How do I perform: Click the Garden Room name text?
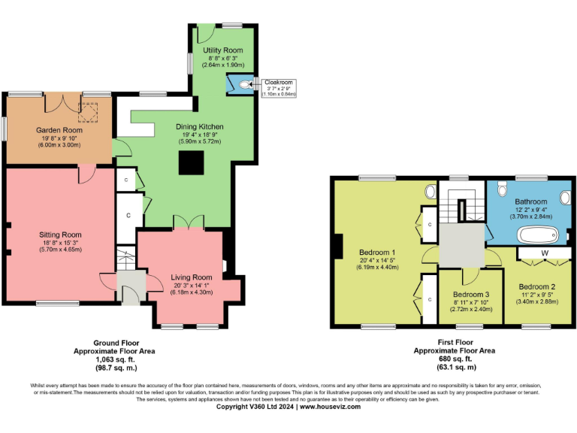click(x=59, y=130)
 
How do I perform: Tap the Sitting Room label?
click(x=59, y=235)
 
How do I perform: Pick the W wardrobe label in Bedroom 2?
click(x=543, y=253)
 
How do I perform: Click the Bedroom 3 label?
click(x=471, y=294)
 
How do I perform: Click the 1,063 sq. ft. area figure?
click(x=104, y=360)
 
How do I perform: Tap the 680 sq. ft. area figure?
click(x=456, y=359)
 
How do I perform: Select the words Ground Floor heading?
click(x=104, y=342)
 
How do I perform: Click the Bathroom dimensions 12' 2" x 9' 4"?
click(x=531, y=210)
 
